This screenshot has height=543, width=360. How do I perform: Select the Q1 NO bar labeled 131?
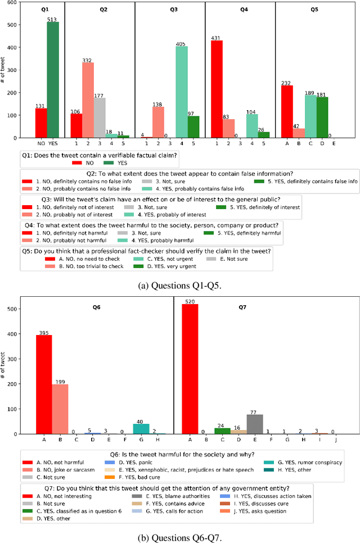pyautogui.click(x=41, y=123)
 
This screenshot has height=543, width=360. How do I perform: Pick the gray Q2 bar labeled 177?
pyautogui.click(x=100, y=117)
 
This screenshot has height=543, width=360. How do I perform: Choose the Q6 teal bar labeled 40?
pyautogui.click(x=141, y=428)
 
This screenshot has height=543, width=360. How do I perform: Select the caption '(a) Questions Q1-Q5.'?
pyautogui.click(x=179, y=286)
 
